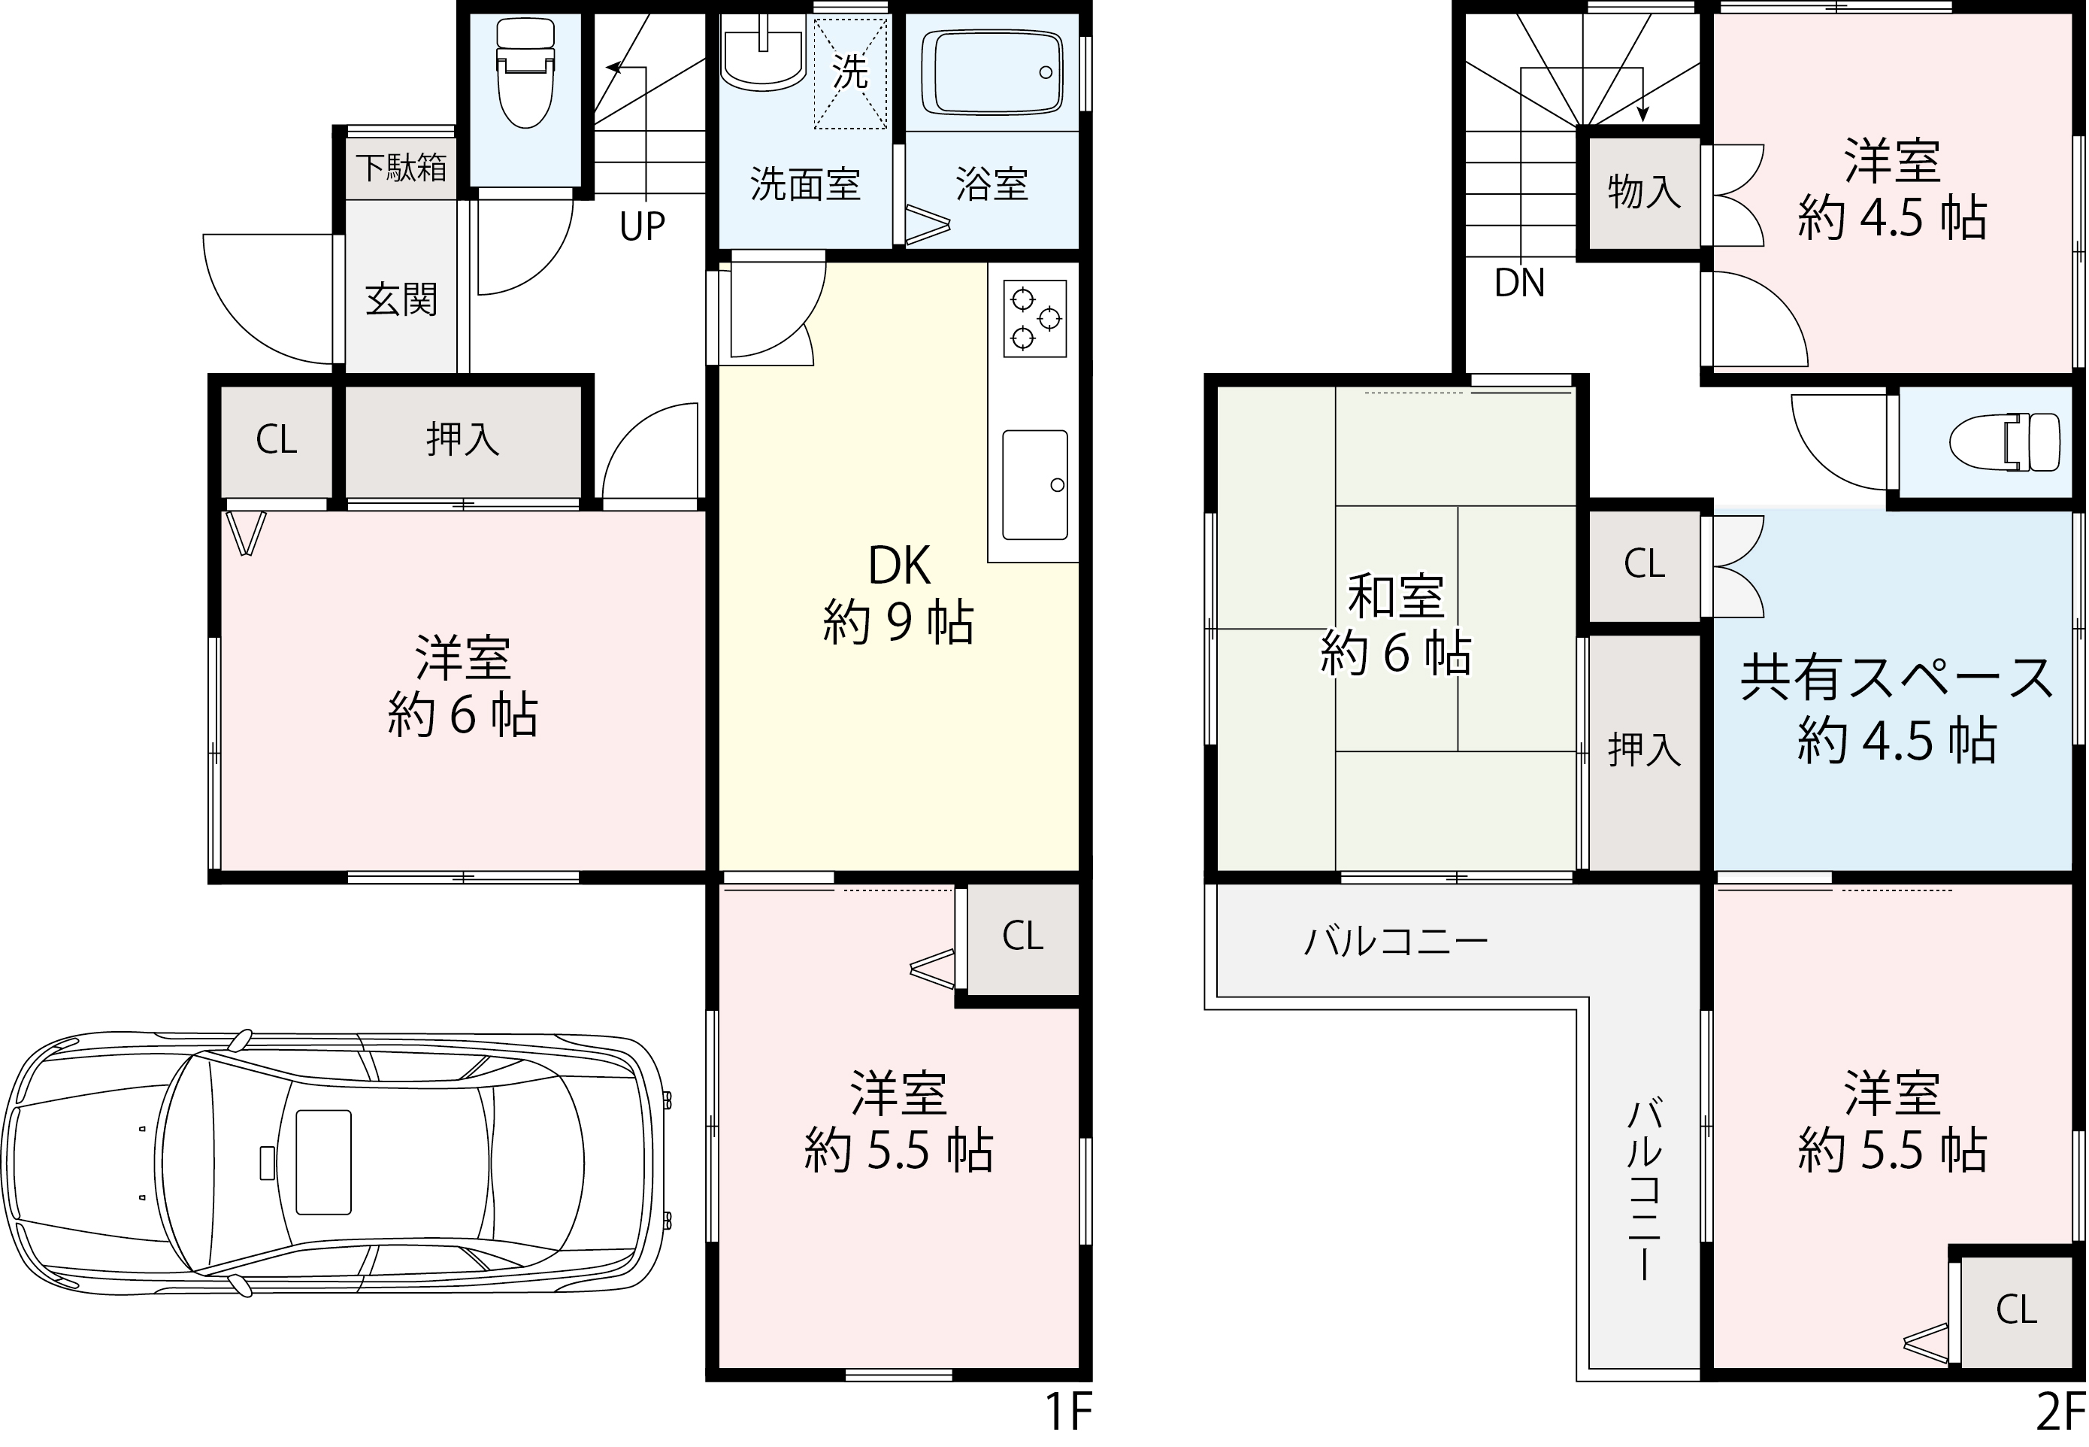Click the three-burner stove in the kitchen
[1035, 318]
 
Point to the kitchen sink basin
[1035, 485]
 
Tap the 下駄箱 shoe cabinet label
[401, 168]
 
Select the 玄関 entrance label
[401, 299]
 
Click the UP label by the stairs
[643, 226]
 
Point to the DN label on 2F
[1520, 284]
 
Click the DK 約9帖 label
[899, 594]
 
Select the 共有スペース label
[1897, 678]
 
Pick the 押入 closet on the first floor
[462, 441]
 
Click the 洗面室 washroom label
[805, 185]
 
